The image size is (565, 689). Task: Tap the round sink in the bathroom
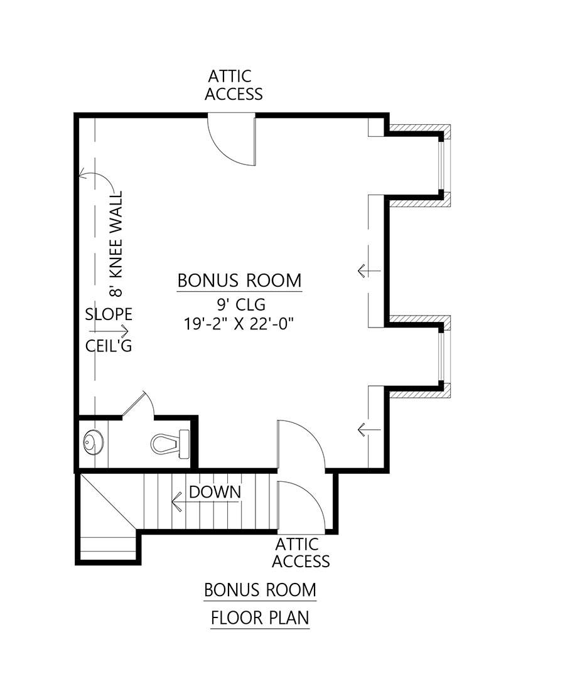coord(93,443)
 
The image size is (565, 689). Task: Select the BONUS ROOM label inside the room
coord(239,280)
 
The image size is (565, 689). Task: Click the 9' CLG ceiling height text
coord(239,306)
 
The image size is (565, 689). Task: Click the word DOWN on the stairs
coord(215,491)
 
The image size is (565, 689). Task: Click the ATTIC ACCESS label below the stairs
coord(301,552)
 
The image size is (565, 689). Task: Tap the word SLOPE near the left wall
coord(108,314)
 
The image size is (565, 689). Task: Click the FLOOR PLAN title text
coord(259,618)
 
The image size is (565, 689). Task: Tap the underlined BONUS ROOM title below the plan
coord(259,590)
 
